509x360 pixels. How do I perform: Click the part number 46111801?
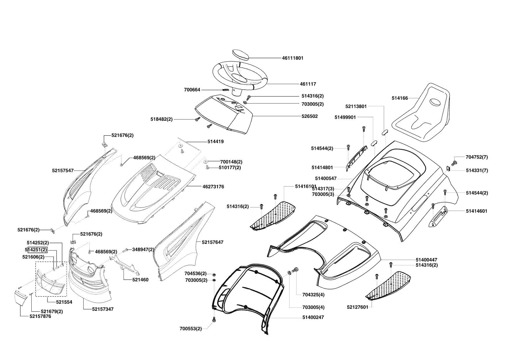coord(293,58)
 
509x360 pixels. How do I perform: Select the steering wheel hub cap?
coord(241,55)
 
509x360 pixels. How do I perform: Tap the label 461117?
coord(308,84)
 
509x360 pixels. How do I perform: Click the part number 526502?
coord(309,116)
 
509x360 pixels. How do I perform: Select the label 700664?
coord(192,90)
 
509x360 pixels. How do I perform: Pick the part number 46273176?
coord(213,187)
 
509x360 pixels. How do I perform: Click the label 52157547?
coord(63,171)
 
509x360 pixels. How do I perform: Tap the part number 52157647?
coord(213,242)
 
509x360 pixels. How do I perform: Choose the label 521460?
coord(140,280)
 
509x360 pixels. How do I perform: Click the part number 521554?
coord(64,302)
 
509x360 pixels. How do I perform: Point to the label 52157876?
coord(40,316)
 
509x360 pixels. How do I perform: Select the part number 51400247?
coord(313,318)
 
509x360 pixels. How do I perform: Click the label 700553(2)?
coord(191,329)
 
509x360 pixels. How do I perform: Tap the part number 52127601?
coord(357,307)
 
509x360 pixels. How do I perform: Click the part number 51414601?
coord(476,211)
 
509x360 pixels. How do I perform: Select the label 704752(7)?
coord(476,157)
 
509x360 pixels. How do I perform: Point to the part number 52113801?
coord(356,107)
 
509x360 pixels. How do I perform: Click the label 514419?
coord(215,142)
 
